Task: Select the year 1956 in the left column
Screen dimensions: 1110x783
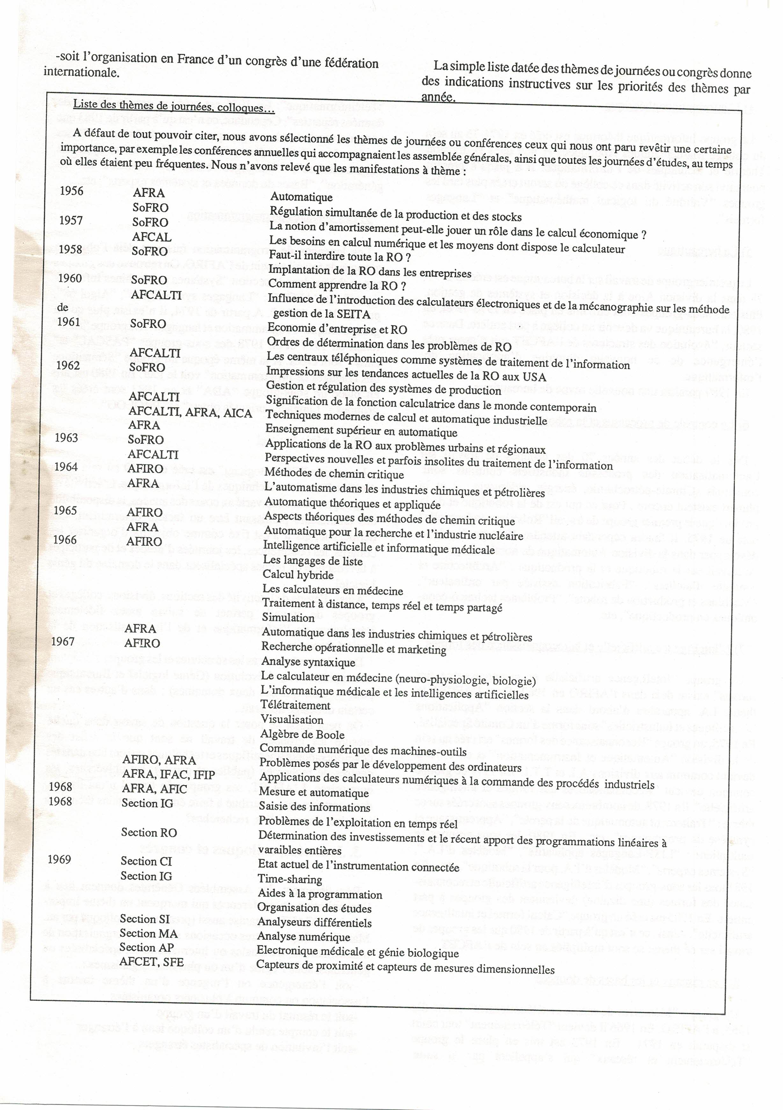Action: click(x=72, y=191)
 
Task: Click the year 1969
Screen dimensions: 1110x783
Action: click(x=60, y=859)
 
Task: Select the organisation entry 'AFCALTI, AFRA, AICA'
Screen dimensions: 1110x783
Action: click(x=190, y=413)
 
